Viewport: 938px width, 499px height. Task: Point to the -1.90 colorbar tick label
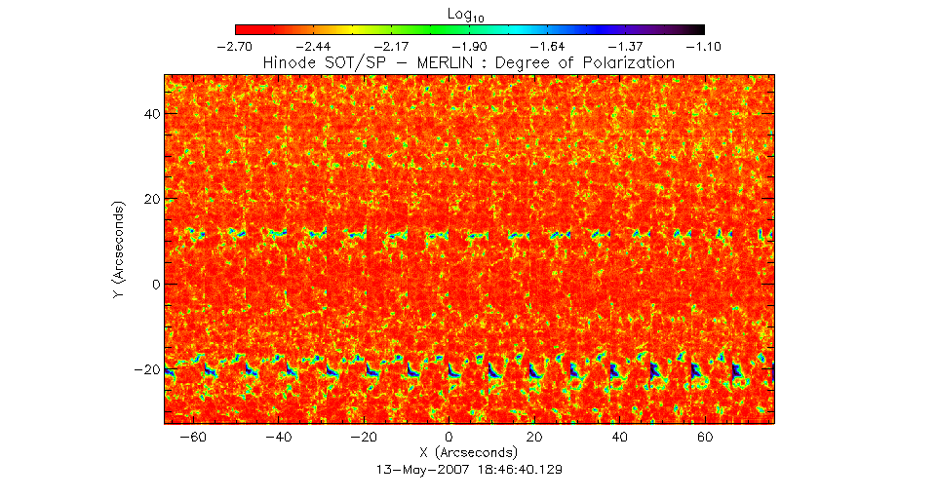coord(470,46)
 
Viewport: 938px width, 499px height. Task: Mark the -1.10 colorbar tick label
coord(703,46)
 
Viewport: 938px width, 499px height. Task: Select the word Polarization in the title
coord(625,62)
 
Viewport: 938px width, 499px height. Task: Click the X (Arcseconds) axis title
coord(469,453)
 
